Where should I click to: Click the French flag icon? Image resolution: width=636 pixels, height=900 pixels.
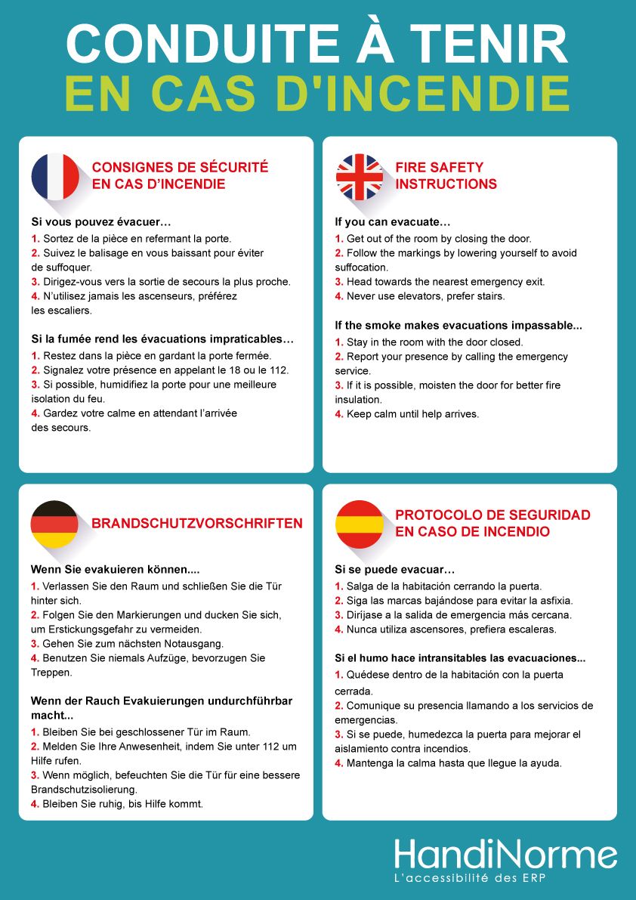(x=55, y=176)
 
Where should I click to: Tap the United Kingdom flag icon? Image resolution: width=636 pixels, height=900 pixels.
(x=360, y=176)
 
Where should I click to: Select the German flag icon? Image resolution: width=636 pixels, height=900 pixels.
(x=54, y=524)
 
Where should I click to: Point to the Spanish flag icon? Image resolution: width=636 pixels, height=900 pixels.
(x=360, y=524)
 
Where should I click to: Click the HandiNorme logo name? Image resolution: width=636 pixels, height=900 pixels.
(x=505, y=855)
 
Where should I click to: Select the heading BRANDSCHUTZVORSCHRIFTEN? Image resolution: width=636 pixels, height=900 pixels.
(x=197, y=523)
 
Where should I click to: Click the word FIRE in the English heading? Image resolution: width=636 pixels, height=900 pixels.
(x=411, y=167)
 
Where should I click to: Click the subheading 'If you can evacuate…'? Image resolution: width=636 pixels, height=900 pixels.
(x=393, y=222)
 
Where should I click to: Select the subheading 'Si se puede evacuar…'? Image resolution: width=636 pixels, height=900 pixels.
(x=395, y=569)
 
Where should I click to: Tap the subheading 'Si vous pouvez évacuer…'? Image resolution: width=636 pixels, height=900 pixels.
(x=101, y=222)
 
